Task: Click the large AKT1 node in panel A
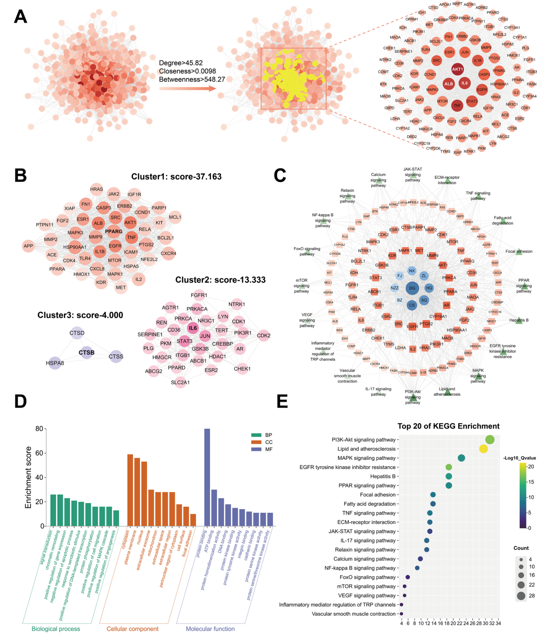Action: point(457,69)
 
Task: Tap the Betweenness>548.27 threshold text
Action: point(192,79)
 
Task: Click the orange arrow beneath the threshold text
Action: point(188,88)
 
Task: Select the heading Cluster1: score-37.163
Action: point(176,177)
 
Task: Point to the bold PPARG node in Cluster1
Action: point(114,231)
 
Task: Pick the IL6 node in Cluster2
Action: point(193,328)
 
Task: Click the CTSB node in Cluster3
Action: point(86,353)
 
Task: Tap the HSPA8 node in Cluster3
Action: point(55,363)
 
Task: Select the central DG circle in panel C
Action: point(412,288)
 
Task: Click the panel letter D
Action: point(20,402)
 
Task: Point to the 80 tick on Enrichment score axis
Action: point(39,429)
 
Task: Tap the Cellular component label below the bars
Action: point(132,629)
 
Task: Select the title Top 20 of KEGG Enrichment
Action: point(448,426)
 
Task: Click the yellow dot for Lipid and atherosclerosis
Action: point(484,449)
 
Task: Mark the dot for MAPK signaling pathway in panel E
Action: point(461,458)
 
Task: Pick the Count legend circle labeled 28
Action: point(521,596)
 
